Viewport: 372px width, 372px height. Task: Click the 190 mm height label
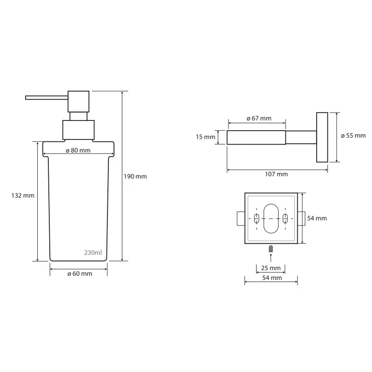click(135, 177)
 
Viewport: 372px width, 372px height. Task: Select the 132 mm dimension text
click(23, 195)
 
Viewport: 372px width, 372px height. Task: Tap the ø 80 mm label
click(78, 150)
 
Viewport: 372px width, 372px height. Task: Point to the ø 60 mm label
click(80, 273)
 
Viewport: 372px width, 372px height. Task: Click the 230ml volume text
click(93, 252)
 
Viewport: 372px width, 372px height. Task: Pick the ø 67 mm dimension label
click(259, 118)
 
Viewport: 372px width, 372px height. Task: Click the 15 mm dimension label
click(206, 137)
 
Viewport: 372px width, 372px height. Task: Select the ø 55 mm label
click(353, 136)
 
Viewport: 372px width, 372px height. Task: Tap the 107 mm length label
click(276, 174)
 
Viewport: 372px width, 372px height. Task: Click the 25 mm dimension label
click(271, 268)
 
